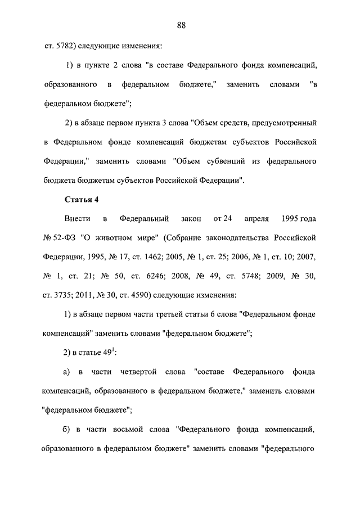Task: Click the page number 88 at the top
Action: [x=181, y=25]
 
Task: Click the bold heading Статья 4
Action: [x=82, y=199]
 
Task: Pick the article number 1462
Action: [x=146, y=256]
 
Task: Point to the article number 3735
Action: [x=65, y=295]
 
